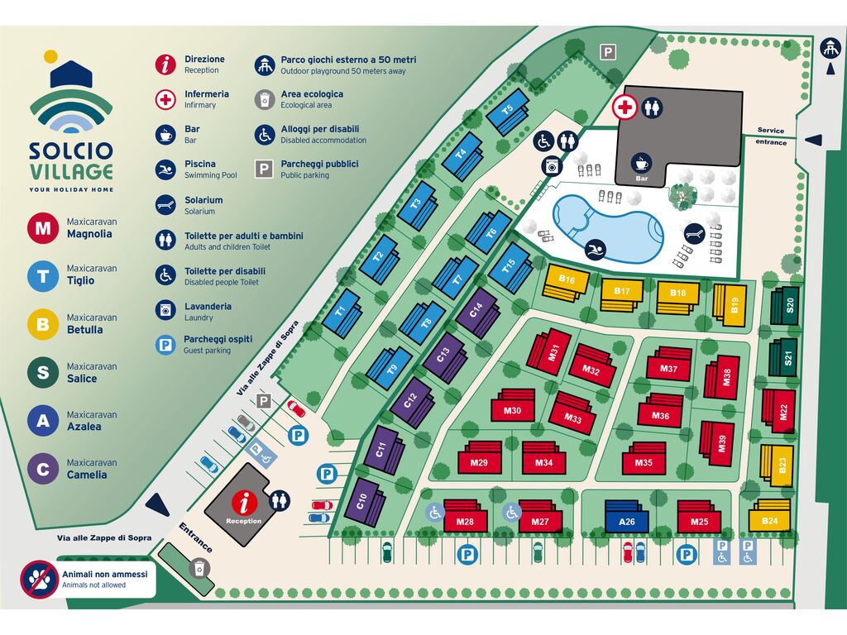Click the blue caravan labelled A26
point(627,518)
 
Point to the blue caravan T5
point(508,115)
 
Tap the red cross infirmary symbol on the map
point(624,107)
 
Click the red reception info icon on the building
point(243,502)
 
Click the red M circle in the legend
point(43,228)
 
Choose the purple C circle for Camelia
point(43,469)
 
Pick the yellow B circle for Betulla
point(43,323)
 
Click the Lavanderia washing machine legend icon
point(167,311)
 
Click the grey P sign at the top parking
point(608,52)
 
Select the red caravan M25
point(700,518)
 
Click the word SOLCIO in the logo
point(71,151)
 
